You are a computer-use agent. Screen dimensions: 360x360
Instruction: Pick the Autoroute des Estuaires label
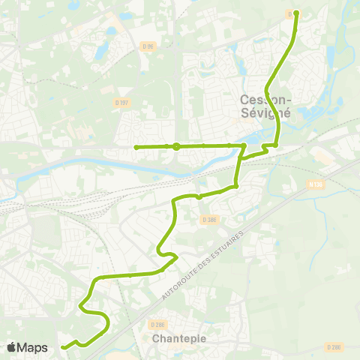(x=205, y=264)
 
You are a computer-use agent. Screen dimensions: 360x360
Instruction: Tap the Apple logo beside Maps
(x=11, y=347)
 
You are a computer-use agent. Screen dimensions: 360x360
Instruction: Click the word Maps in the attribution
(x=33, y=347)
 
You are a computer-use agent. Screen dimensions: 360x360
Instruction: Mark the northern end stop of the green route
(x=296, y=13)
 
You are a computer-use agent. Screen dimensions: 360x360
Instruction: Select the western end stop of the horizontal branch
(x=136, y=147)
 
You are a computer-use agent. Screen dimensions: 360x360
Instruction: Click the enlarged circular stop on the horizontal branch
(x=175, y=146)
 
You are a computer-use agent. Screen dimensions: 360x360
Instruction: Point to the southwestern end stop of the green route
(x=64, y=346)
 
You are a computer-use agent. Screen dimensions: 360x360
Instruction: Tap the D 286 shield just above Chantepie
(x=157, y=324)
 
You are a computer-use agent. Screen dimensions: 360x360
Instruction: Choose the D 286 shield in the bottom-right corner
(x=334, y=346)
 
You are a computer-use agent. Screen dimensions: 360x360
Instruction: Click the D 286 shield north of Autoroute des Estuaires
(x=209, y=219)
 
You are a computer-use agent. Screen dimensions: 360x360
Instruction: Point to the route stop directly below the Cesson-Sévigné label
(x=276, y=145)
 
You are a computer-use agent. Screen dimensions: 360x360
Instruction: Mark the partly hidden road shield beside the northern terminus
(x=290, y=13)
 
